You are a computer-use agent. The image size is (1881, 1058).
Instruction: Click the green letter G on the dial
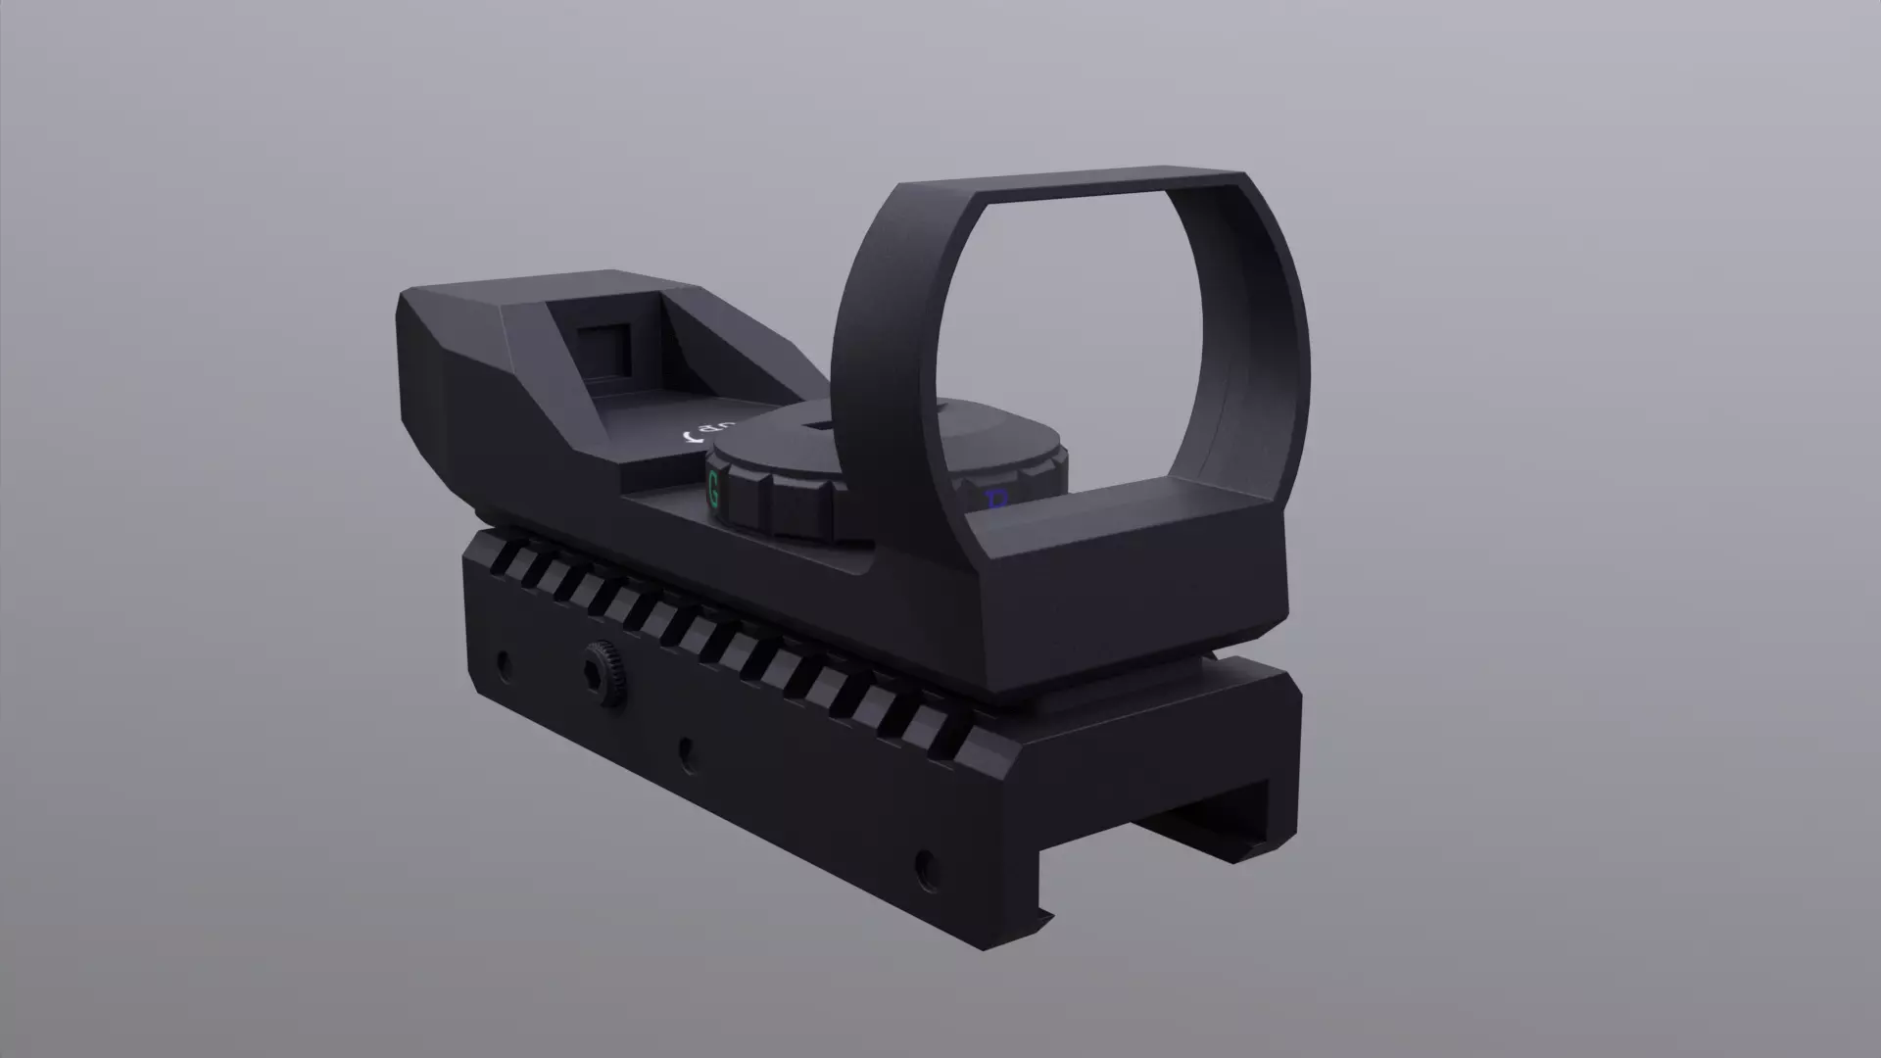713,488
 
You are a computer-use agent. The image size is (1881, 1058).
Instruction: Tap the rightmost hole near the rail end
924,865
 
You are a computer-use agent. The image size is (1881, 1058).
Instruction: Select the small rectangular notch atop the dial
816,425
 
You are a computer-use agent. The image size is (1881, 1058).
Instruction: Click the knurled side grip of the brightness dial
794,505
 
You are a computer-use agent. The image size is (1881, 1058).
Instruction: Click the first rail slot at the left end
504,558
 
